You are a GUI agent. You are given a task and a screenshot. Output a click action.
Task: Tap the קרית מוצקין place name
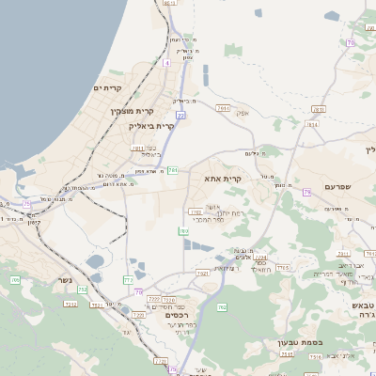(x=132, y=111)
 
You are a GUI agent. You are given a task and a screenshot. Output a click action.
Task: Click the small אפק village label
(x=243, y=115)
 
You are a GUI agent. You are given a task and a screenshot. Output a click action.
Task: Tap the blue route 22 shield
(x=180, y=115)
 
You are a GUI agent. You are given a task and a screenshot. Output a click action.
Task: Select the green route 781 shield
(x=173, y=170)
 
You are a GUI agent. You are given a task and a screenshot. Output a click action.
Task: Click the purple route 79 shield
(x=306, y=192)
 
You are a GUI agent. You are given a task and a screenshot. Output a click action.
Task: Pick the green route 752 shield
(x=82, y=290)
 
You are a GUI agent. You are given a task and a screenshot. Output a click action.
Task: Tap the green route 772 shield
(x=128, y=280)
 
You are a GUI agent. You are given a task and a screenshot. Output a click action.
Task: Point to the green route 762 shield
(x=222, y=306)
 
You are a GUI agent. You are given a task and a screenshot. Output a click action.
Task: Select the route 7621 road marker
(x=202, y=273)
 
